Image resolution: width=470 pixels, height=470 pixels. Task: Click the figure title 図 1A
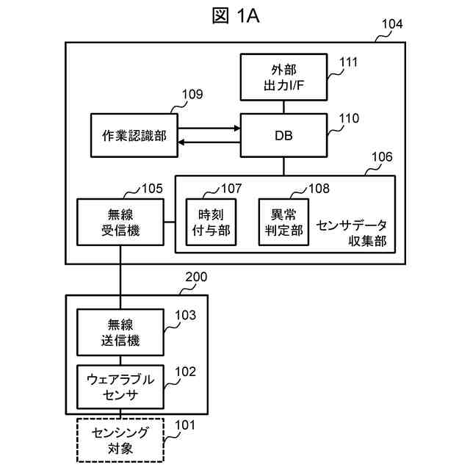coord(236,15)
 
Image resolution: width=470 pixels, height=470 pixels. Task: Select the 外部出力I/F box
coord(283,77)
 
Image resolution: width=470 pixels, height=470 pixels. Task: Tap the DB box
coord(283,135)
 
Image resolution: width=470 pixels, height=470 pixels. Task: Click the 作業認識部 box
coord(134,135)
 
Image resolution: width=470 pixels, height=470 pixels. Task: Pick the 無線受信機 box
coord(120,222)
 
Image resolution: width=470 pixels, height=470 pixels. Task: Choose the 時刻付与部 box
coord(211,222)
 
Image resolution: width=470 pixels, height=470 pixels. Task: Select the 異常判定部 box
coord(283,222)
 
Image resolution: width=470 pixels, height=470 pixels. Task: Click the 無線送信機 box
coord(120,333)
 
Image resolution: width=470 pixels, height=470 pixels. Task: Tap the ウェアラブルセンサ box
coord(120,387)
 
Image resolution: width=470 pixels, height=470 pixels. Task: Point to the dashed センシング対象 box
coord(120,441)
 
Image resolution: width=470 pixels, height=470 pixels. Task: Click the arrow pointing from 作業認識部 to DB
coord(209,129)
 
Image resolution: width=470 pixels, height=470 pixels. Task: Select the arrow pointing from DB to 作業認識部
coord(209,142)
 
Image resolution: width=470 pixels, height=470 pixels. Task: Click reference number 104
coord(392,24)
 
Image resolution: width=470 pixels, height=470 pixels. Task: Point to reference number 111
coord(348,62)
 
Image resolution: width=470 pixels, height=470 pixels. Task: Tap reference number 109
coord(192,95)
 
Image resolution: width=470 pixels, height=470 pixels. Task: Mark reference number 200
coord(196,277)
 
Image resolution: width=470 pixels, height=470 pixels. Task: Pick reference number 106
coord(382,156)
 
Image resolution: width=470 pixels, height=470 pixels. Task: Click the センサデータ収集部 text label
coord(352,234)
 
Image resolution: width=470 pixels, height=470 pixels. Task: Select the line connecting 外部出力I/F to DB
coord(284,107)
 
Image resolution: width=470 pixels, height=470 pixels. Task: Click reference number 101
coord(185,425)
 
